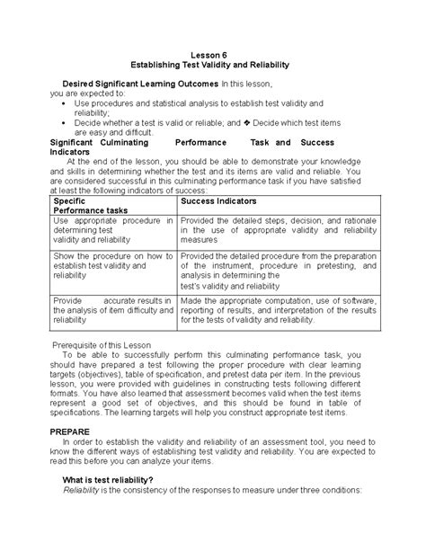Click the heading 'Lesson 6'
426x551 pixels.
tap(213, 55)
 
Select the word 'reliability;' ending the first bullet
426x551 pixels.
tap(97, 112)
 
